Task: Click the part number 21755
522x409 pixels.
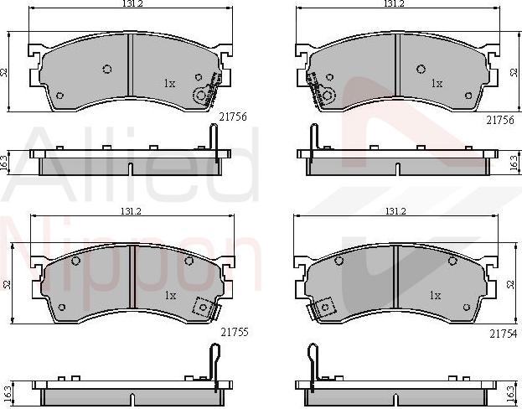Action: [x=235, y=332]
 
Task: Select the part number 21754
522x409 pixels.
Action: [x=503, y=334]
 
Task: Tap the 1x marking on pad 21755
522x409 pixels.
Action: [x=170, y=295]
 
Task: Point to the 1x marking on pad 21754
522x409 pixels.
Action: [x=435, y=295]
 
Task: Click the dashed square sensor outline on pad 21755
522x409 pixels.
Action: [x=202, y=307]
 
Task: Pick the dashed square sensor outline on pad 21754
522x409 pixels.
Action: [x=326, y=308]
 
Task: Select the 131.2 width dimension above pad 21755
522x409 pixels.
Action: [x=132, y=211]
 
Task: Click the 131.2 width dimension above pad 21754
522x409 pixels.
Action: [x=395, y=211]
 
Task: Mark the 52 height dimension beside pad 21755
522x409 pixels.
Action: [x=8, y=284]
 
